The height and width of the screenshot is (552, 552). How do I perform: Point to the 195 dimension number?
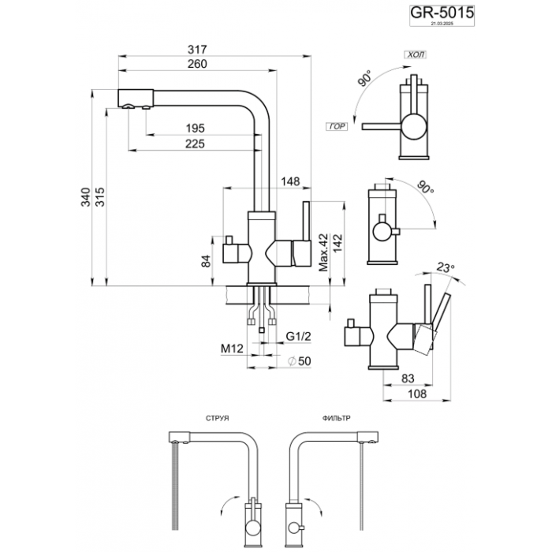[x=195, y=129]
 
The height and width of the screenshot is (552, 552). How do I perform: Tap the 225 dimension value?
[x=195, y=144]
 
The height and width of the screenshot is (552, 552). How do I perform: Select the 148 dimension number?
[x=291, y=182]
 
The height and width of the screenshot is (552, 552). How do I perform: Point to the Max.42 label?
[x=323, y=252]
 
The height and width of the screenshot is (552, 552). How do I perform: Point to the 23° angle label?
[x=446, y=269]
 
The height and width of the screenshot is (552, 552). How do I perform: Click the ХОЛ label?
[x=413, y=56]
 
